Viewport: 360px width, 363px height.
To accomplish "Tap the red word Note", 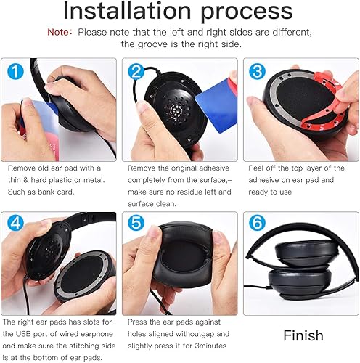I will [59, 33].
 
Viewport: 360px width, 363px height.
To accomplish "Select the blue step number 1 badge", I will [15, 72].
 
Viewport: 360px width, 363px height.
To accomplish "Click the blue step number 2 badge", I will [135, 72].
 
